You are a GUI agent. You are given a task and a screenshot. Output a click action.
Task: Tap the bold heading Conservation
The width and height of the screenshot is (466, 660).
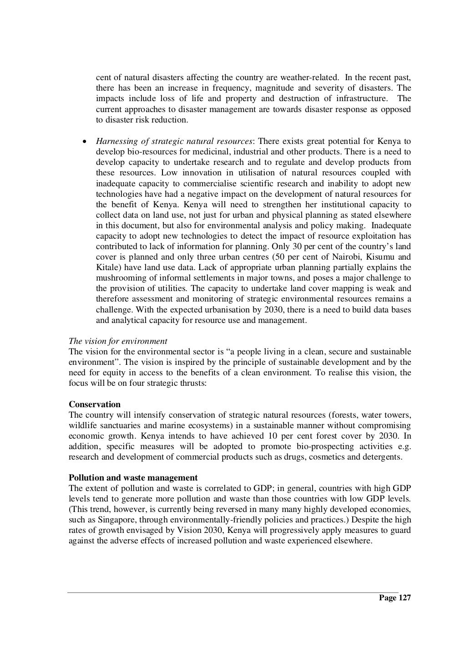(x=95, y=404)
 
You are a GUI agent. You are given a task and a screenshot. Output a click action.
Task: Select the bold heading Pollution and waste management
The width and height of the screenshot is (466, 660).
(x=133, y=478)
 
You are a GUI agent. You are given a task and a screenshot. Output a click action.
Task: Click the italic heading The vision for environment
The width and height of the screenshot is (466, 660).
(x=118, y=341)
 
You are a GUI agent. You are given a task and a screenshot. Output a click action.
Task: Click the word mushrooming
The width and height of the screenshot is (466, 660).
(x=119, y=278)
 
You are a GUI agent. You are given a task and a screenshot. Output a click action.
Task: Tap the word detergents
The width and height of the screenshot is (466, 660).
(x=385, y=457)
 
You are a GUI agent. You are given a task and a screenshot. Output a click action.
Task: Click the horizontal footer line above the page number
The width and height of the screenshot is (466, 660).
(x=233, y=593)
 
